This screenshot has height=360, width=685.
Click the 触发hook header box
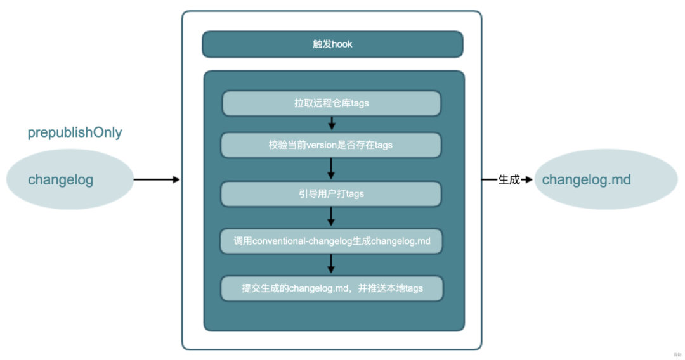pyautogui.click(x=332, y=44)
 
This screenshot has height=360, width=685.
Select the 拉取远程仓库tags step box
pyautogui.click(x=332, y=103)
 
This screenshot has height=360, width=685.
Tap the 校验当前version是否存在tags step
pyautogui.click(x=330, y=145)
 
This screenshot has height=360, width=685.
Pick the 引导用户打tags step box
pyautogui.click(x=330, y=194)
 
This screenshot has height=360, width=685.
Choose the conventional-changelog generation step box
pyautogui.click(x=331, y=241)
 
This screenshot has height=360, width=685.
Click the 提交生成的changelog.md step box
pyautogui.click(x=332, y=288)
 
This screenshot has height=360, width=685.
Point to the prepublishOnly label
pyautogui.click(x=75, y=132)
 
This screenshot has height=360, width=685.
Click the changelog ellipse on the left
pyautogui.click(x=70, y=179)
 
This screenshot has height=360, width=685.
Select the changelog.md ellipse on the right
pyautogui.click(x=606, y=179)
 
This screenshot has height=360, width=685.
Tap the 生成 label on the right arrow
pyautogui.click(x=509, y=179)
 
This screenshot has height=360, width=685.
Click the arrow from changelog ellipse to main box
pyautogui.click(x=157, y=179)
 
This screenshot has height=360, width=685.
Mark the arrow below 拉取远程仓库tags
pyautogui.click(x=332, y=123)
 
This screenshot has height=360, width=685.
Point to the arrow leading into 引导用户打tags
pyautogui.click(x=330, y=169)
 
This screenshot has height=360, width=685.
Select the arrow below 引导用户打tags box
pyautogui.click(x=330, y=216)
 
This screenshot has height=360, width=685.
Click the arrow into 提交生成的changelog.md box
pyautogui.click(x=330, y=264)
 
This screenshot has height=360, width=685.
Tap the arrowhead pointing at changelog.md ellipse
pyautogui.click(x=528, y=179)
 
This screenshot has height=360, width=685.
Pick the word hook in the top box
pyautogui.click(x=342, y=44)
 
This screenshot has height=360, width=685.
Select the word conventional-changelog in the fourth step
pyautogui.click(x=303, y=241)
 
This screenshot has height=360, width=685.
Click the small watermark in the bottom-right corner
pyautogui.click(x=677, y=355)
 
